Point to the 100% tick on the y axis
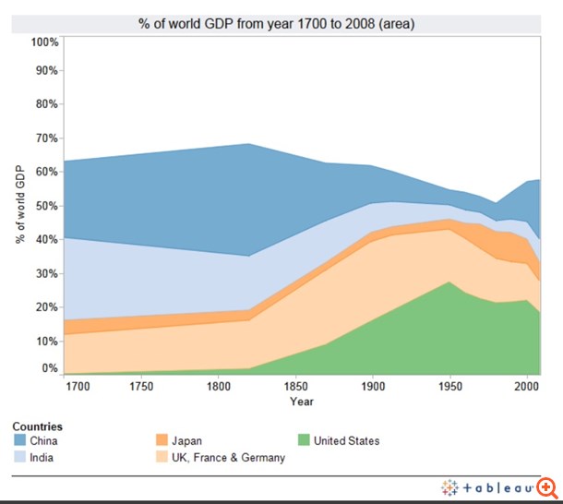pos(44,42)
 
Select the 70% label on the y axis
pos(47,138)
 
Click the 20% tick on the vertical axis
pos(47,307)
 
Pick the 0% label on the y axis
pos(50,368)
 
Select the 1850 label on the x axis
pos(295,385)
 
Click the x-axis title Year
pos(301,402)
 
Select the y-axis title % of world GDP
pos(20,205)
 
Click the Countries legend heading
pos(37,427)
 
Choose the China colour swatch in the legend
pos(19,441)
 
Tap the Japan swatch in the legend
pos(161,441)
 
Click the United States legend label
pos(346,441)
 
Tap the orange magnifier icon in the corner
pos(549,488)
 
